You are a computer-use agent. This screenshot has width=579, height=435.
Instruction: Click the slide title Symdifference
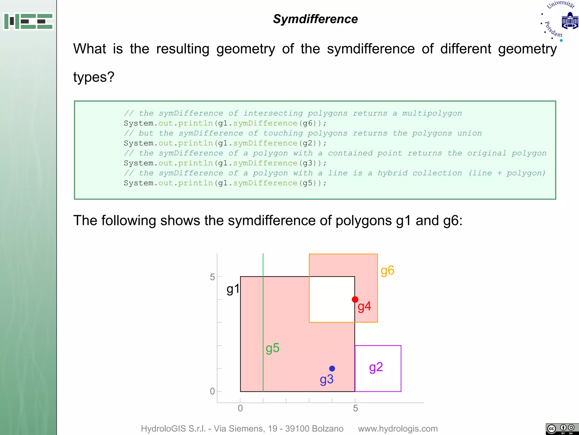point(315,19)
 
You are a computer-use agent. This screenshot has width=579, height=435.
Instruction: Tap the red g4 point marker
point(355,299)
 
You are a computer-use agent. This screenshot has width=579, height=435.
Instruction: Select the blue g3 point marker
point(332,368)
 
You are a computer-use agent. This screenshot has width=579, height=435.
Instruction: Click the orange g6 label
point(387,271)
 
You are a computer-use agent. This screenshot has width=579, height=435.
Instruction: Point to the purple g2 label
point(376,367)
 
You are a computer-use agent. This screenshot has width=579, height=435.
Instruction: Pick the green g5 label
point(273,348)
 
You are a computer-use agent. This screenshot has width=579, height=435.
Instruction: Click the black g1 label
point(233,289)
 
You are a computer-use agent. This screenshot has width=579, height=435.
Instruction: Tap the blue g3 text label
point(327,379)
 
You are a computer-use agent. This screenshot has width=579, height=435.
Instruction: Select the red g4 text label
point(364,306)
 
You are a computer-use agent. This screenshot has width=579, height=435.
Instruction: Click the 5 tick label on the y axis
point(212,277)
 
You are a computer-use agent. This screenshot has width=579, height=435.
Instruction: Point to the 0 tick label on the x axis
point(240,408)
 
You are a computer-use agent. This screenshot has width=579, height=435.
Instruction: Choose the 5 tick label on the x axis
point(355,408)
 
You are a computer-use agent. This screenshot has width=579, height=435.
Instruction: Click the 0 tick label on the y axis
point(212,391)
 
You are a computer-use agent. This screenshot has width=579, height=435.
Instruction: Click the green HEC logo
point(28,21)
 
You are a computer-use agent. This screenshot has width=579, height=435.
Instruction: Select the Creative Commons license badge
point(562,429)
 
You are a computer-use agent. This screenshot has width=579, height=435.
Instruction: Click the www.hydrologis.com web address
point(398,428)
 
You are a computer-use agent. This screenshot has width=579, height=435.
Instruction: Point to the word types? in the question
point(94,77)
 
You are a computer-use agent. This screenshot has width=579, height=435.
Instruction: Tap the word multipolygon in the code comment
point(432,113)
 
